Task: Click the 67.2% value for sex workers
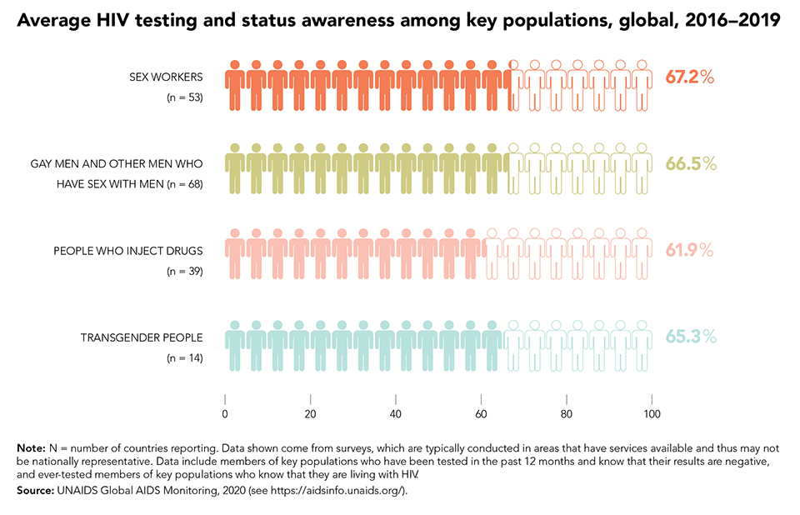point(690,77)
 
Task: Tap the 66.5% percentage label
point(691,163)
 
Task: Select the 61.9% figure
point(691,250)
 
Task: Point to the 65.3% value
point(691,337)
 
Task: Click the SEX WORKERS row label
point(166,77)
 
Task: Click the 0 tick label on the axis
point(225,414)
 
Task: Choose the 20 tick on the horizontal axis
point(310,414)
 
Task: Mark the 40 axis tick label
point(395,414)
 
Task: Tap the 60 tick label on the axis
point(481,414)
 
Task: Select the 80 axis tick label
point(566,414)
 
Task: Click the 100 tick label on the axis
point(652,414)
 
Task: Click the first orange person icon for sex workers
point(235,84)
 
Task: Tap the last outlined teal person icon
point(642,344)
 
